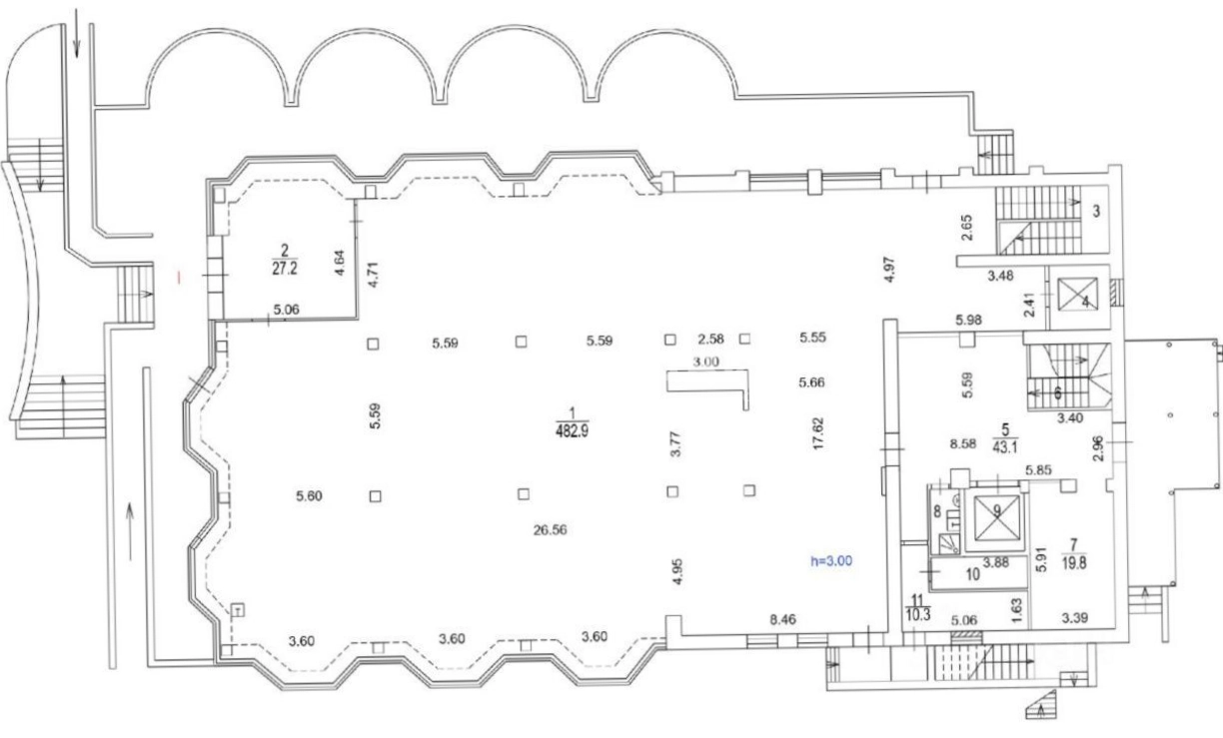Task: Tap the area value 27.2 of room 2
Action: coord(285,269)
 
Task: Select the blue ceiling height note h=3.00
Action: coord(831,561)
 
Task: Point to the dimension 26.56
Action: coord(550,530)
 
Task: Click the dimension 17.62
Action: coord(818,434)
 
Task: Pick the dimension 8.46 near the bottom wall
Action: coord(782,619)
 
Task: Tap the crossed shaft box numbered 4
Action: coord(1077,295)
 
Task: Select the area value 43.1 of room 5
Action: coord(1005,447)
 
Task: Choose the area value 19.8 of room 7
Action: coord(1074,563)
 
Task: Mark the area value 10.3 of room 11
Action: coord(918,614)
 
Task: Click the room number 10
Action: coord(972,574)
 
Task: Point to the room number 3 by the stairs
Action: coord(1096,212)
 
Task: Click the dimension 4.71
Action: coord(374,275)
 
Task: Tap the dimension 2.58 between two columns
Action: coord(710,339)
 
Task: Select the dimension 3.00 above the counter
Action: coord(706,362)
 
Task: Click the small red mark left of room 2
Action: coord(180,278)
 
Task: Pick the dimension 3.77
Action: coord(675,443)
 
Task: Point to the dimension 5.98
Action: coord(968,320)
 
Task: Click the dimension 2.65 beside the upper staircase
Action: coord(967,228)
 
